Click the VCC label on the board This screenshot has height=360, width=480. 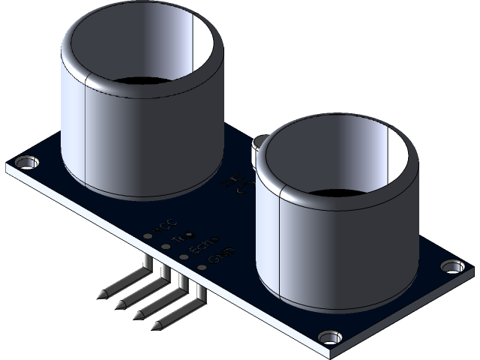[x=165, y=224]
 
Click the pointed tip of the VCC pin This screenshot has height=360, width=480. [x=102, y=294]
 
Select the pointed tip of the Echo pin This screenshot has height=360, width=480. [x=139, y=316]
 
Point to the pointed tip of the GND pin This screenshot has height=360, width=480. [x=158, y=327]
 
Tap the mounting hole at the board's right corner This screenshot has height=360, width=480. [x=450, y=265]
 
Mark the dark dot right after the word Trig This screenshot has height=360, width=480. [x=189, y=234]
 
